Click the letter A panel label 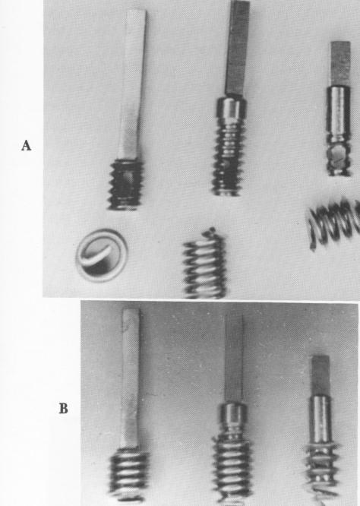26,147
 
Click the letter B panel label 65,409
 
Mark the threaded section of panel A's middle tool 226,156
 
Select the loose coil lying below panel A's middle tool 204,265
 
